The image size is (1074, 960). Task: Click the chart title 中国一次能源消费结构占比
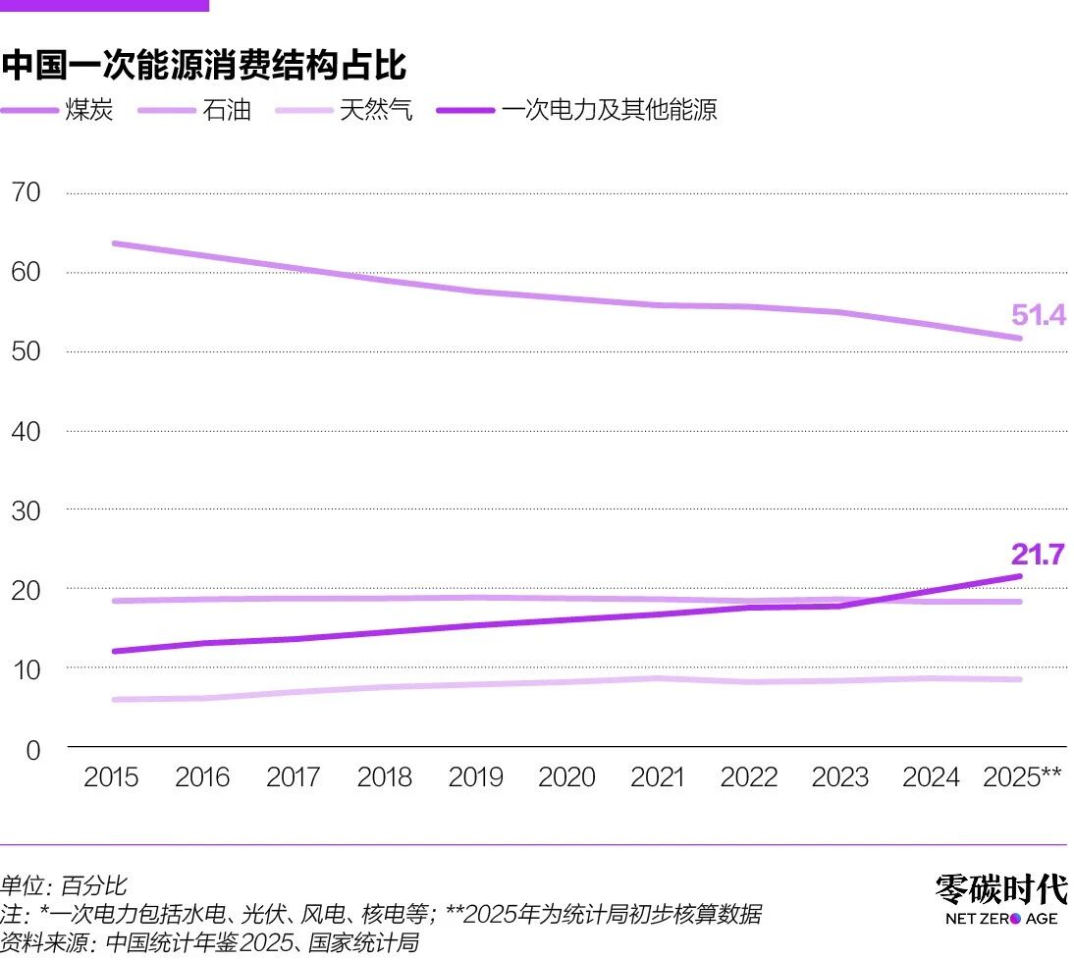(x=204, y=66)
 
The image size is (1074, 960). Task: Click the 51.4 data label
(x=1038, y=315)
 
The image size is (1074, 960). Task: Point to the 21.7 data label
(x=1038, y=555)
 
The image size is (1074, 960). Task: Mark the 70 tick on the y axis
(x=26, y=192)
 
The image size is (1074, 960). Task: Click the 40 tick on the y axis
(x=26, y=431)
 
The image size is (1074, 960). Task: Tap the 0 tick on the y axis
(x=32, y=749)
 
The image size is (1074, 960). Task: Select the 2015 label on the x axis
(x=111, y=777)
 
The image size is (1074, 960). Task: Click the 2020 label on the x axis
(x=566, y=777)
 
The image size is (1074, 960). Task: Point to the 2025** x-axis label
(x=1022, y=777)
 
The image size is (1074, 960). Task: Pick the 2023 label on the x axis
(x=839, y=777)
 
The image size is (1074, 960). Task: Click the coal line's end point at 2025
(x=1020, y=339)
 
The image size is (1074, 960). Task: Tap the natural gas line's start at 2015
(x=115, y=700)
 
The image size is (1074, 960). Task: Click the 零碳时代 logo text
(x=999, y=889)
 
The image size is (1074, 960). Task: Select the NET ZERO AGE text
(x=1000, y=919)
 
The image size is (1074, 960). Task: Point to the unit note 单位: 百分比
(x=64, y=886)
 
